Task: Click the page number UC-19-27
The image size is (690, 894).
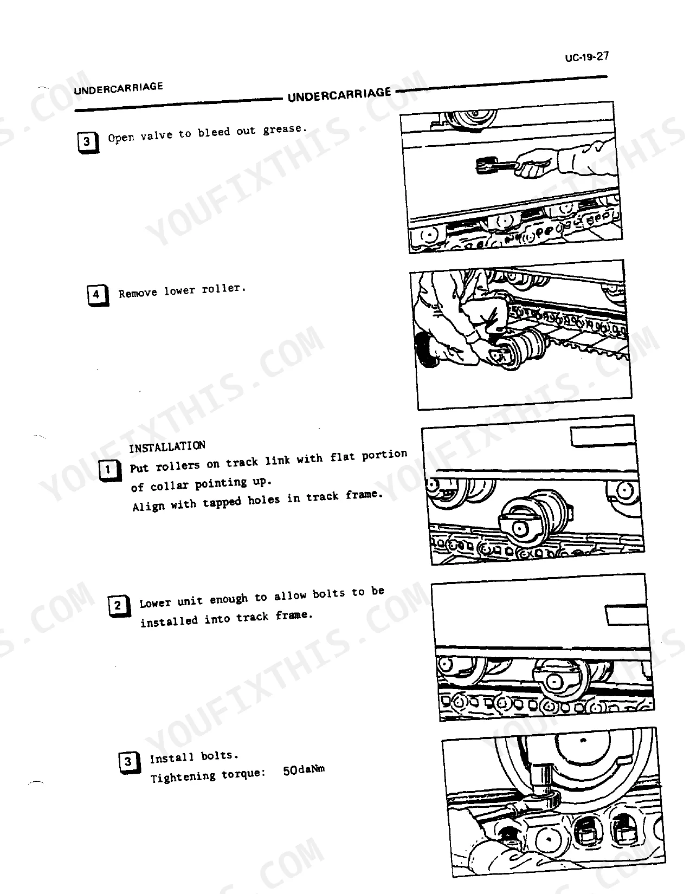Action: point(586,57)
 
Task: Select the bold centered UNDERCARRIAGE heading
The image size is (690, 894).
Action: point(339,95)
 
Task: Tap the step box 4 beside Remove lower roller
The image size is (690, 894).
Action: point(98,295)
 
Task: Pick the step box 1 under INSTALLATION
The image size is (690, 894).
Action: point(110,470)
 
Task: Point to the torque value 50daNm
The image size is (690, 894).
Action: point(304,769)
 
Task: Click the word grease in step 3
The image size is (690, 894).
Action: point(285,129)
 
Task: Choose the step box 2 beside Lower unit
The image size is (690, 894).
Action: point(119,606)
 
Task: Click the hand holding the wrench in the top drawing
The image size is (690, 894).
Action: point(536,163)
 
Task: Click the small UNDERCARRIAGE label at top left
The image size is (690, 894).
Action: point(119,88)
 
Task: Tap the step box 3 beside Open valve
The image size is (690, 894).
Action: point(88,142)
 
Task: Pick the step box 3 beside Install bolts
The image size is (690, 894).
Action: point(129,762)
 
